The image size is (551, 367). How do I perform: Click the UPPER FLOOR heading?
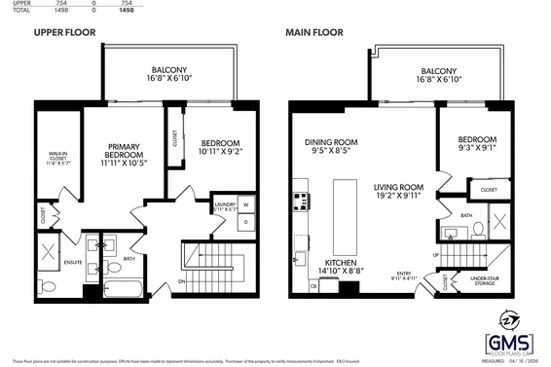coord(66,32)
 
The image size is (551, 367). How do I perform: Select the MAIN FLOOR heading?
coord(315,32)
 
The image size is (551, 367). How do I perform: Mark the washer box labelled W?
coord(245,205)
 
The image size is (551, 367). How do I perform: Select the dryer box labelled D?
coord(245,221)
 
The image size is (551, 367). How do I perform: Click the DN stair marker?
coord(182,282)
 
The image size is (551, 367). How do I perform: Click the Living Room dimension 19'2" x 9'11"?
coord(397,196)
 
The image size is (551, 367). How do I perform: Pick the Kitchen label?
coord(340,263)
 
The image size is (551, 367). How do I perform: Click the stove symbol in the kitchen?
coord(300,203)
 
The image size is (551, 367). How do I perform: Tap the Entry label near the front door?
coord(404,275)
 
